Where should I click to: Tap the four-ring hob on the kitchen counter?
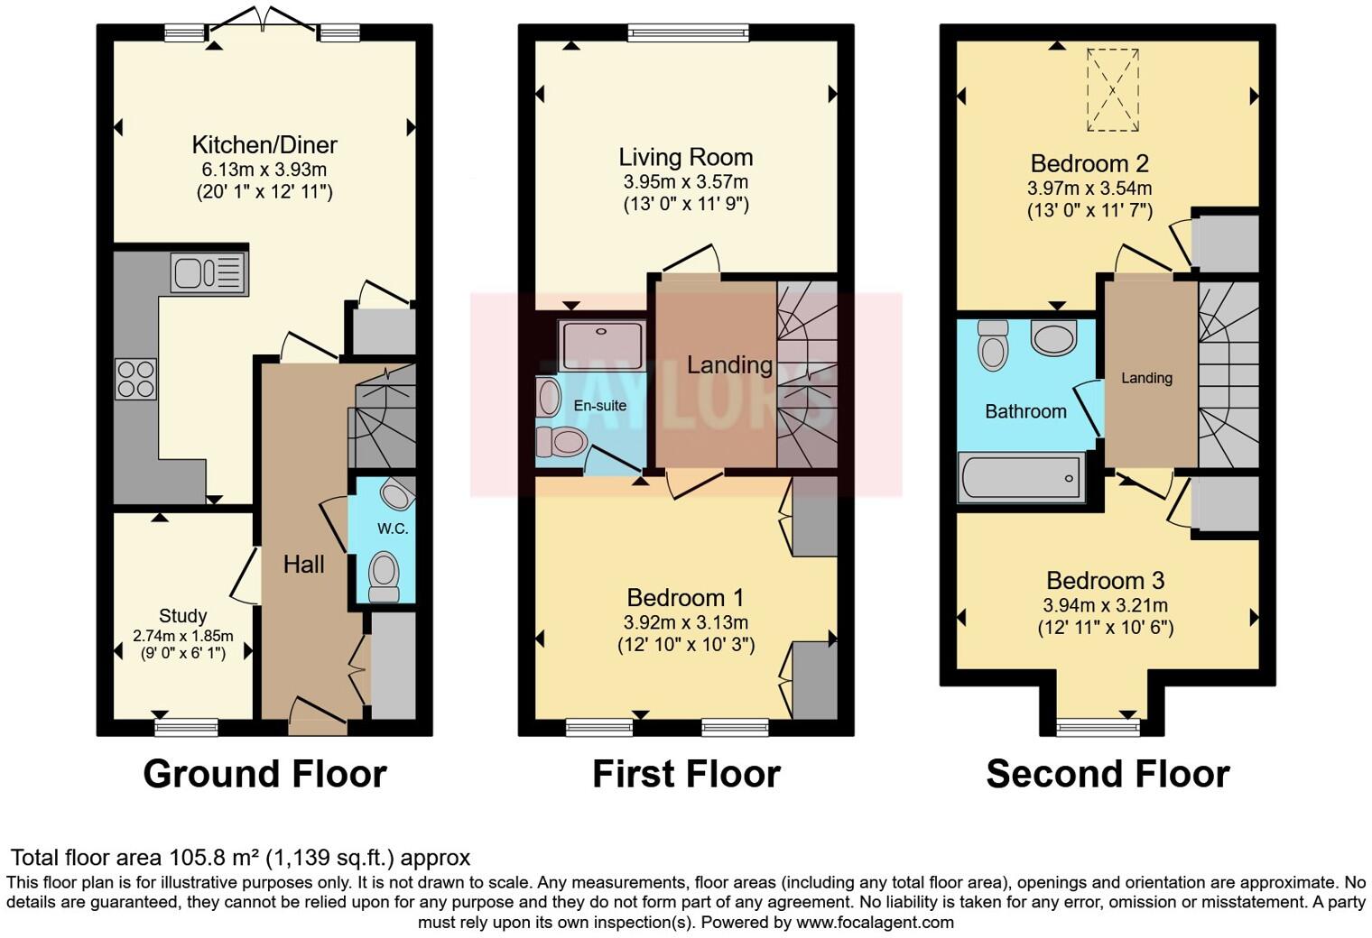(x=135, y=379)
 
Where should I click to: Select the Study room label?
(x=183, y=616)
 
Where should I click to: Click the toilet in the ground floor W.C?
(x=385, y=575)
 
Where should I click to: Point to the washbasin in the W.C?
(x=396, y=494)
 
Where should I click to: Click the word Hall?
(x=303, y=565)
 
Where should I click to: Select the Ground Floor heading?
(x=264, y=774)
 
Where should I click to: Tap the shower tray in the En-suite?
(x=602, y=345)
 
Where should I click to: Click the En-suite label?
(x=599, y=406)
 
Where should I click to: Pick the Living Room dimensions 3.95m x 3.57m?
(x=686, y=181)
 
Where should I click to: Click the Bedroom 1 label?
(x=686, y=597)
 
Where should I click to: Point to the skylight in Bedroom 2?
(x=1113, y=90)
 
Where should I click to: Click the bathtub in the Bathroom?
(x=1021, y=478)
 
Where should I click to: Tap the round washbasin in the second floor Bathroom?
(x=1053, y=339)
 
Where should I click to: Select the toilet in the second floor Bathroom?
(x=993, y=345)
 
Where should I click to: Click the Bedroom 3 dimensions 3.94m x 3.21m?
(x=1106, y=605)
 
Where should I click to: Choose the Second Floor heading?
(x=1108, y=774)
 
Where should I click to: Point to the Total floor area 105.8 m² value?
(x=240, y=858)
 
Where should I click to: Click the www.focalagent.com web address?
(x=875, y=923)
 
